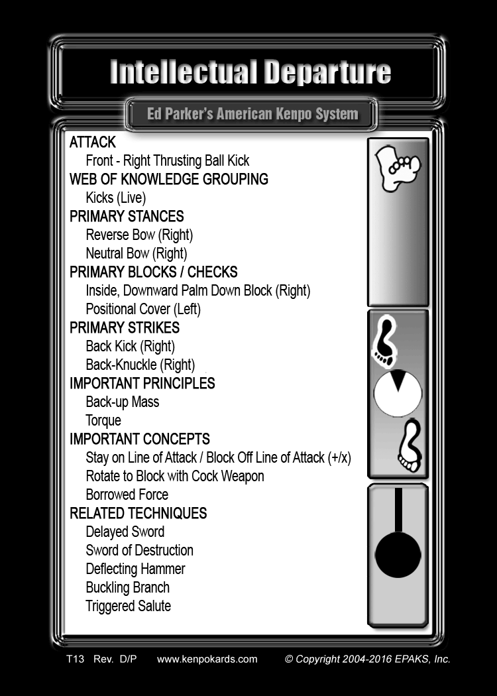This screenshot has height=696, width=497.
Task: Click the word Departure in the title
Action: click(x=328, y=72)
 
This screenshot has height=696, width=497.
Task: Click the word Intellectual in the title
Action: click(x=184, y=72)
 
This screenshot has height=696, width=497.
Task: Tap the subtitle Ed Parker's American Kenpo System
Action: click(x=252, y=114)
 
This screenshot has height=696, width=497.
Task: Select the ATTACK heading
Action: click(x=92, y=142)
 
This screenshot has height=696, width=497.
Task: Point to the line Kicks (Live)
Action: click(x=116, y=198)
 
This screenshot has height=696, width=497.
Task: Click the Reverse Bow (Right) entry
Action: click(x=139, y=235)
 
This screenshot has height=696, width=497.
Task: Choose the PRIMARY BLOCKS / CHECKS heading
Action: click(x=154, y=272)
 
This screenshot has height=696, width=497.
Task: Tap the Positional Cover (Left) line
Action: click(x=143, y=309)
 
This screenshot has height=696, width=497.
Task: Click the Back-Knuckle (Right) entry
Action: click(x=140, y=365)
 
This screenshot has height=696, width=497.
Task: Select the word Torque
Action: click(x=103, y=421)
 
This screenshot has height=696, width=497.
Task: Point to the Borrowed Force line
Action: click(x=127, y=494)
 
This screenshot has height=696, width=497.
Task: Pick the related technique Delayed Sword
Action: click(x=125, y=532)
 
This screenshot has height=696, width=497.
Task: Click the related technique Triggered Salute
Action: click(x=129, y=607)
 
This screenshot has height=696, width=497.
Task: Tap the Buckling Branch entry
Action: click(x=128, y=588)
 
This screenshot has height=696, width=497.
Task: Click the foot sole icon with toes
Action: click(x=398, y=168)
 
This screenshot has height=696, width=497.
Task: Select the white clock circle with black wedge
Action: click(x=398, y=393)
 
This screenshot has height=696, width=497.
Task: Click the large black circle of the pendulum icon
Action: click(x=398, y=555)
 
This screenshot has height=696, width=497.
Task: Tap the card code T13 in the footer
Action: click(x=75, y=659)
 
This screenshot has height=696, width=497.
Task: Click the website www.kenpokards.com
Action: click(x=207, y=659)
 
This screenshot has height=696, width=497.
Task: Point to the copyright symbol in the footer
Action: click(x=289, y=659)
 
